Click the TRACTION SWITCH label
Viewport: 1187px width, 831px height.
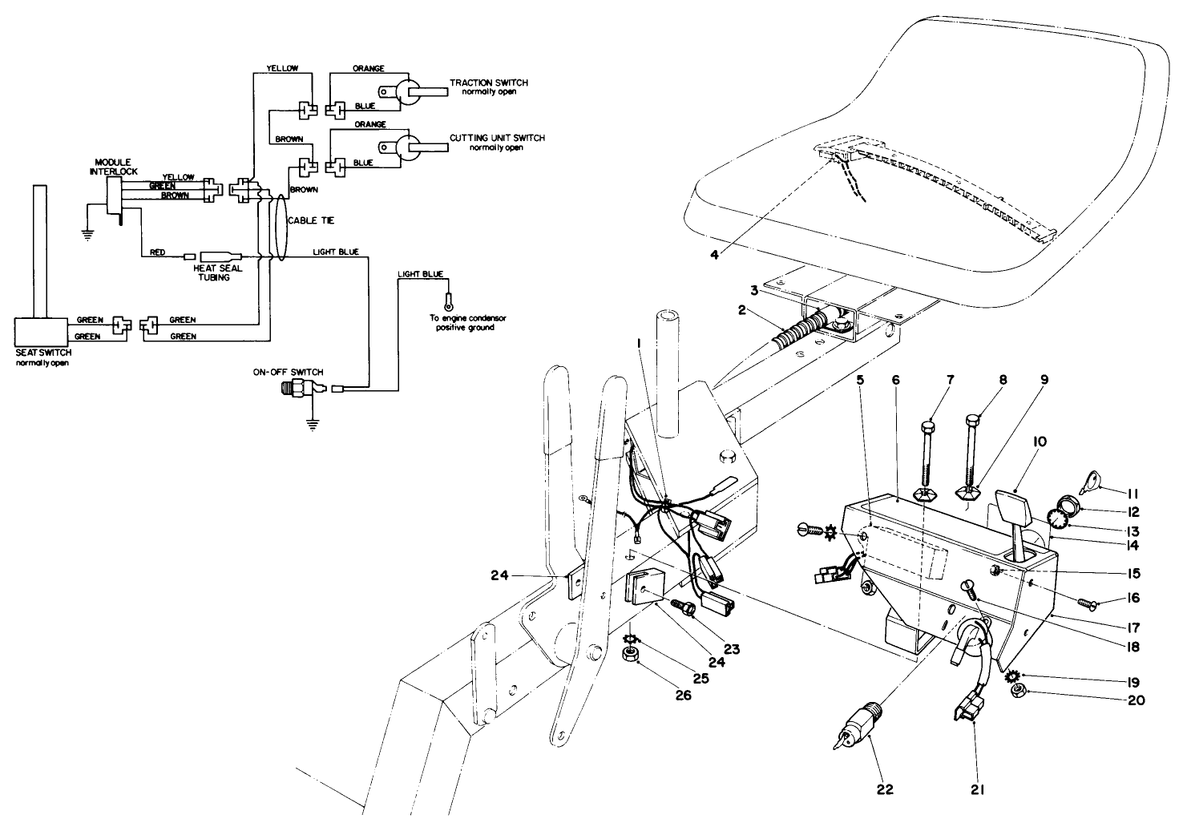pos(488,83)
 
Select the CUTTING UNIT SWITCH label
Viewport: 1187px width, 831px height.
pos(496,138)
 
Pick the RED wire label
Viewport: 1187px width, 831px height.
pos(157,252)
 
